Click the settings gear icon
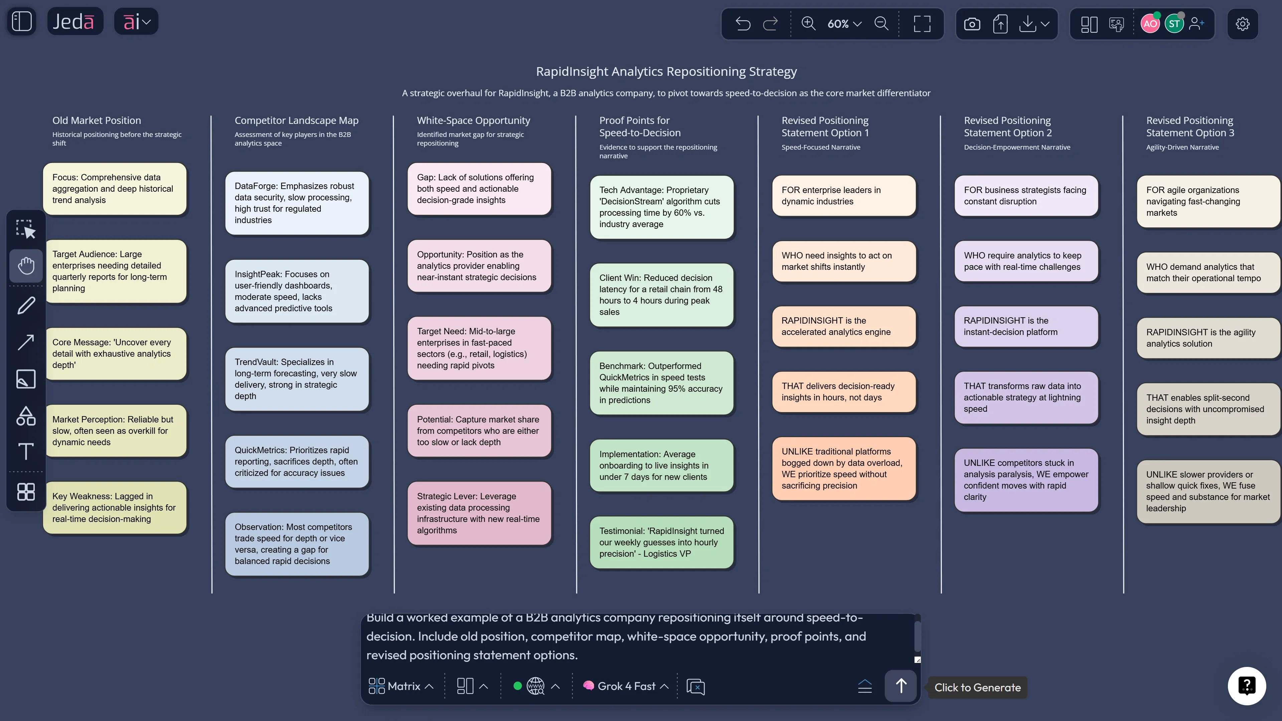pos(1242,24)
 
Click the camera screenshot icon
pos(972,24)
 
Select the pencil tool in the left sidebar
pos(26,305)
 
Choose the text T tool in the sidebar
pos(26,451)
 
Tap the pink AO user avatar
pos(1150,24)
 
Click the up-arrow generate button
pos(900,686)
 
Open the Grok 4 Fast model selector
pos(626,686)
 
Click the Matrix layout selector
pos(401,686)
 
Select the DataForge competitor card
pos(297,203)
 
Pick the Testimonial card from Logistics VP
pos(662,542)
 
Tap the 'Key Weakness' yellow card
pos(115,508)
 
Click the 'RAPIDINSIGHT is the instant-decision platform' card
pos(1026,326)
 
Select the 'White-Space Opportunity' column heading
pos(473,121)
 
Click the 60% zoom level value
pos(838,24)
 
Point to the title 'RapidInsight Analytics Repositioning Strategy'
pos(666,72)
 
